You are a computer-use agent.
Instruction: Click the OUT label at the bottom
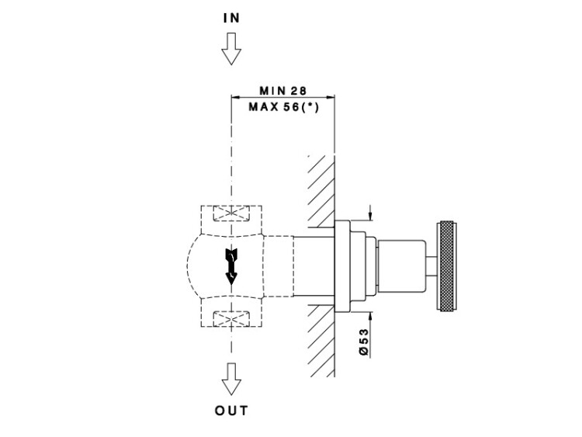231,411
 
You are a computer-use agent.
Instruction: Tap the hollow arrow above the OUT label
231,380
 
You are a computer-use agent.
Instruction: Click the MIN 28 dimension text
283,91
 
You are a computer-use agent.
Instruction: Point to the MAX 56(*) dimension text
284,107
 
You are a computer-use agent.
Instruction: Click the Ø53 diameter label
364,342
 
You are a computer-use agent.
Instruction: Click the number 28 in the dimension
299,91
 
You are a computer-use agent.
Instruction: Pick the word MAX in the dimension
262,107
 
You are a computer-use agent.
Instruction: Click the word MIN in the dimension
270,91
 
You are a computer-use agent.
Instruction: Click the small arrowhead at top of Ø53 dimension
371,216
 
